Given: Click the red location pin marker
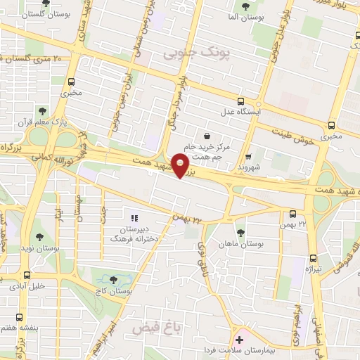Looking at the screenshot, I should tap(181, 166).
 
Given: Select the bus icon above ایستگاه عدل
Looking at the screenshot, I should tap(241, 101).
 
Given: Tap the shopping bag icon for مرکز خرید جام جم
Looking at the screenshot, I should tap(206, 136).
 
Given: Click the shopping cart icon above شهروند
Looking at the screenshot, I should tap(248, 157).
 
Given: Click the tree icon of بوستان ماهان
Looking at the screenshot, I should tap(240, 232).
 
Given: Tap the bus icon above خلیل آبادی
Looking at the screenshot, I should tap(26, 275).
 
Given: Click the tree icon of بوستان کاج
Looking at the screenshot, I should tap(113, 280).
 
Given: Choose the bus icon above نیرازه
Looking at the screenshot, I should tap(314, 258).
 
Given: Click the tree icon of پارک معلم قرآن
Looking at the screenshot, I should tap(42, 110).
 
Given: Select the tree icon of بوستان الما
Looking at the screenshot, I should tap(244, 6).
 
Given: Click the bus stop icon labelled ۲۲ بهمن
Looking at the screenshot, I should tap(293, 214).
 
